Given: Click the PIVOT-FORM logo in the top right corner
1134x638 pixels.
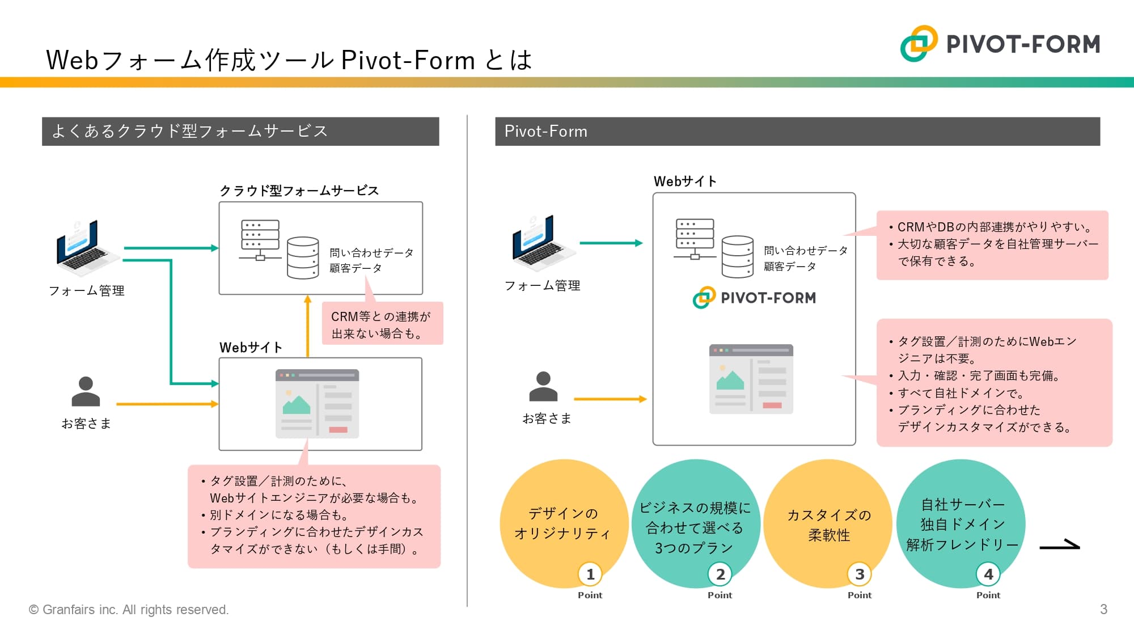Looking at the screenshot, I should click(x=1001, y=44).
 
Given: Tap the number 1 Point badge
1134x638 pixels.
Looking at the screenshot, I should click(x=590, y=574).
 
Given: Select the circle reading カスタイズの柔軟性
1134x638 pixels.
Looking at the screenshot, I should click(x=828, y=524).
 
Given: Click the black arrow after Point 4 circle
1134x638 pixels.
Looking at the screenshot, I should click(x=1059, y=546).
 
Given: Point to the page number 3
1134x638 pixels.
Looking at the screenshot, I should click(x=1103, y=610).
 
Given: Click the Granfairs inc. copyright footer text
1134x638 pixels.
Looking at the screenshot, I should click(x=129, y=610).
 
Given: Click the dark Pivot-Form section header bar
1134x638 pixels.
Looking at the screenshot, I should click(x=797, y=132).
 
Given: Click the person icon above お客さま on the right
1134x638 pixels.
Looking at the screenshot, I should click(x=543, y=387).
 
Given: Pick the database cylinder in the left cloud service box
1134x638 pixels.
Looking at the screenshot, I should click(x=303, y=258).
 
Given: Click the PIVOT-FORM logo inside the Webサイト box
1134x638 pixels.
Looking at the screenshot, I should click(x=754, y=298).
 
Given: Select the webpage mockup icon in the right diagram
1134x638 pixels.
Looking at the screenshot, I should click(x=751, y=379).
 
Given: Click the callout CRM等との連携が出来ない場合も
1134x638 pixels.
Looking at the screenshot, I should click(x=382, y=324).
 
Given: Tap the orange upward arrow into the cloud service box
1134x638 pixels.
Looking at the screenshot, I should click(x=308, y=326).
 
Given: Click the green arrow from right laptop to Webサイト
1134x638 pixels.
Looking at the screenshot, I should click(x=611, y=243).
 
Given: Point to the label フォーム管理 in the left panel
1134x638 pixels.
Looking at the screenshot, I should click(x=87, y=291).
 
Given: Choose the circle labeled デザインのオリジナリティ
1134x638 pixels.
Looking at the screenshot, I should click(x=562, y=523).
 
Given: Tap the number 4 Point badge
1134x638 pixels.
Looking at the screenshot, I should click(x=988, y=574).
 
